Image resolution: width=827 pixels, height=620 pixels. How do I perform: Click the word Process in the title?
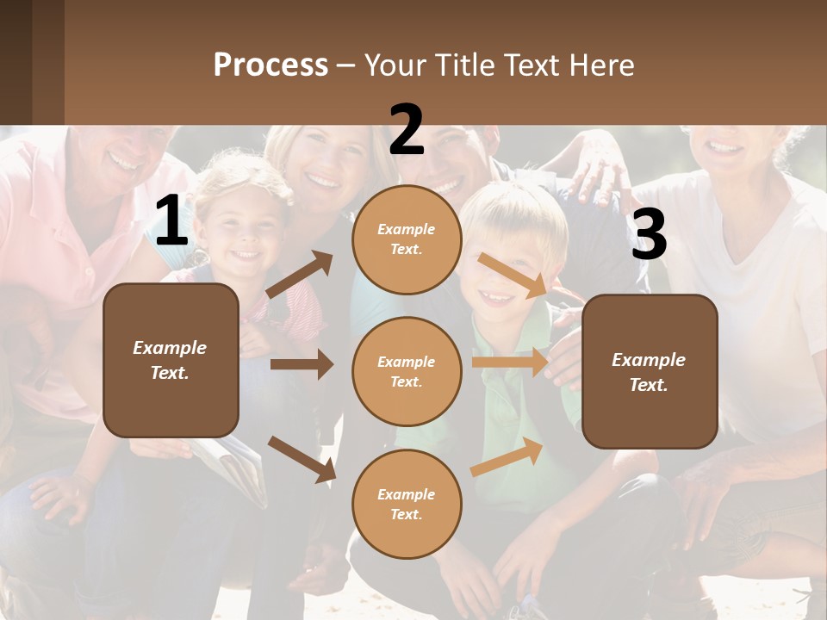pos(270,65)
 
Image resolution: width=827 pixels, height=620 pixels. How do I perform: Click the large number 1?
pos(171,221)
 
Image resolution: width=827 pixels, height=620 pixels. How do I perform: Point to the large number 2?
pos(407,130)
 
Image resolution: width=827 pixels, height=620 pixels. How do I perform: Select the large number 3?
pos(649,234)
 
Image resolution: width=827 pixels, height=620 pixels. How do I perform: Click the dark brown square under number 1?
pos(171,360)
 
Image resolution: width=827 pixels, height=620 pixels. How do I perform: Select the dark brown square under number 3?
pos(650,371)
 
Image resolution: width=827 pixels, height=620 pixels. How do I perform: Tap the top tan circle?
pos(407,239)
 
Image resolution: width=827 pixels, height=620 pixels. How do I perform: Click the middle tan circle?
pos(407,371)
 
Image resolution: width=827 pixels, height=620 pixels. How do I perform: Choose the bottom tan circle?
pos(407,504)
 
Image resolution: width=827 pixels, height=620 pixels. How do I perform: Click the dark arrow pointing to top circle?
pos(300,275)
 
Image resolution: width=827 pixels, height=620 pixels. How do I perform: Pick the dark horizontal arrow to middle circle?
pos(302,364)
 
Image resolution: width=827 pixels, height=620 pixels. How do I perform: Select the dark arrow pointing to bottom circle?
pos(302,459)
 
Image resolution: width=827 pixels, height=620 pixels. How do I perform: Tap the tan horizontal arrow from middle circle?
pos(511,363)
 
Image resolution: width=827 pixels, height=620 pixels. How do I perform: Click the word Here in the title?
pos(600,65)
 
